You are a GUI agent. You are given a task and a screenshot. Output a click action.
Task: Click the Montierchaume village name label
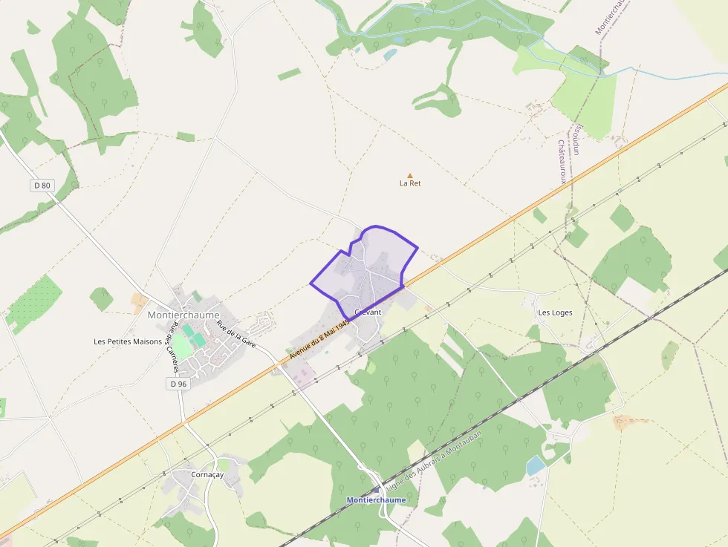pos(183,315)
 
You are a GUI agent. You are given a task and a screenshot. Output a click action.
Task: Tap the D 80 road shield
pos(42,186)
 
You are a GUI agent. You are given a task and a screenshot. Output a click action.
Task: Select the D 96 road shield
pos(178,384)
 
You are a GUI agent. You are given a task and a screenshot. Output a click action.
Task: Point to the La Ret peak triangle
pos(409,175)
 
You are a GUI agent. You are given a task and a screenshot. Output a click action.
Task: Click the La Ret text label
pos(410,183)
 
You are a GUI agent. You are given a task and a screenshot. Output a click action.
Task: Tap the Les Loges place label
pos(555,312)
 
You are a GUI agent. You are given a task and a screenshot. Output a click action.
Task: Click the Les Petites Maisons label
pos(128,341)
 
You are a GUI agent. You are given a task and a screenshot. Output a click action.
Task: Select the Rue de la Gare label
pos(236,335)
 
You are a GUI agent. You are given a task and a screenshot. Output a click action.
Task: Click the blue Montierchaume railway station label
pos(377,500)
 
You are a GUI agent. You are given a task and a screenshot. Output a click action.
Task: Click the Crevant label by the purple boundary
pos(368,312)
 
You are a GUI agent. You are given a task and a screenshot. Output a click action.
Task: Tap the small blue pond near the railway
pos(535,465)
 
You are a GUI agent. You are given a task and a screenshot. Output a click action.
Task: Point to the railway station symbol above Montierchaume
pos(377,489)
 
